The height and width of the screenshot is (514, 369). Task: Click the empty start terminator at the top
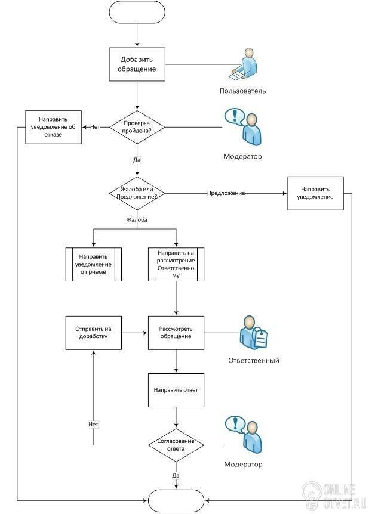(137, 12)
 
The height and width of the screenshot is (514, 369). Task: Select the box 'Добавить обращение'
(137, 64)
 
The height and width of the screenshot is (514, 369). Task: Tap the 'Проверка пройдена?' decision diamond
(137, 127)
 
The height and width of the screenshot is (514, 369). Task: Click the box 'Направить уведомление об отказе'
(54, 127)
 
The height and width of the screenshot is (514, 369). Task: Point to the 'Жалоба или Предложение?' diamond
(137, 193)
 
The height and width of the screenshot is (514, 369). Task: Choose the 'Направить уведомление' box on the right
(315, 193)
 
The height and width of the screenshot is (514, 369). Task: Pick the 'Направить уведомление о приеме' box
(94, 264)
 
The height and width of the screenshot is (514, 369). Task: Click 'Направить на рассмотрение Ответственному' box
(176, 264)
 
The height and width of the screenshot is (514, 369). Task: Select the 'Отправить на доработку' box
(94, 333)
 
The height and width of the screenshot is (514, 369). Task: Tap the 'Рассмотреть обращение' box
(176, 333)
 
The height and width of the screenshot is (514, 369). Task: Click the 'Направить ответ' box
(176, 390)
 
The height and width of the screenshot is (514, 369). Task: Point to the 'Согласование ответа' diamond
(176, 445)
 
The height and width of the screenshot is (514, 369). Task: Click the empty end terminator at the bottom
(176, 501)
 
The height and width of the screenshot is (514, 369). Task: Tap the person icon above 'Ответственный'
(253, 333)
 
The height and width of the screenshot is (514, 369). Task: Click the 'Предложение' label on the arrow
(226, 193)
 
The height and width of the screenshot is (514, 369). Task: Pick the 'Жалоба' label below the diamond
(137, 219)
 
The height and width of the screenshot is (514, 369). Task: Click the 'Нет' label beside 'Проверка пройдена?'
(95, 127)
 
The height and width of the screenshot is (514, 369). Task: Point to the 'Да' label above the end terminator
(176, 475)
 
